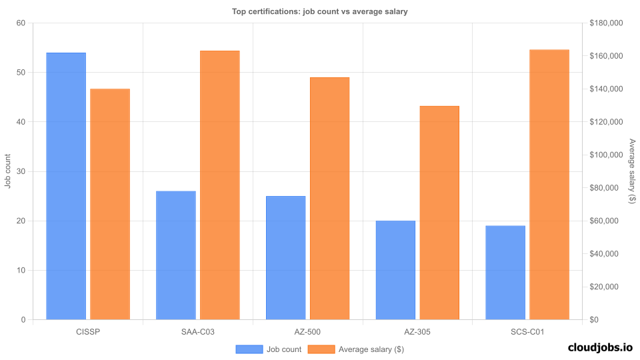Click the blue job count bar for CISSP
pos(66,186)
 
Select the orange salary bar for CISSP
pos(110,204)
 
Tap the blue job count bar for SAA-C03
pos(176,255)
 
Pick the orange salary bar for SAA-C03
pos(219,185)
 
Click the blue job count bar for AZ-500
pos(285,258)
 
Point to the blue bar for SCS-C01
pos(505,273)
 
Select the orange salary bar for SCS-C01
pos(549,185)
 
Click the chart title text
pos(319,11)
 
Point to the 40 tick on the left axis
pos(21,122)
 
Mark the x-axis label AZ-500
pos(307,331)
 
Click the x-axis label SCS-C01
pos(527,331)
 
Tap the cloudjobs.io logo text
pos(600,347)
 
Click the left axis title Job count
pos(7,171)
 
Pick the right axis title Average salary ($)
pos(632,171)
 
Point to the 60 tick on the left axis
pos(21,23)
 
